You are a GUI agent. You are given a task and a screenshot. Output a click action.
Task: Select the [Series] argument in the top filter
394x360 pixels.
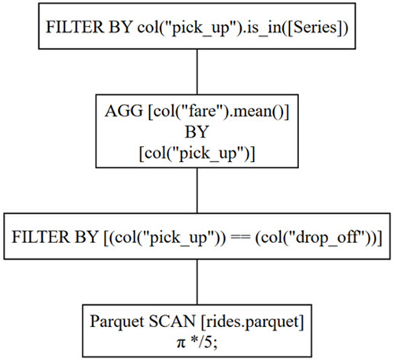pos(307,30)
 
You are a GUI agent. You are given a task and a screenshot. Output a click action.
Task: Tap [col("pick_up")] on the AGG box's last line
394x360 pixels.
pos(197,153)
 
